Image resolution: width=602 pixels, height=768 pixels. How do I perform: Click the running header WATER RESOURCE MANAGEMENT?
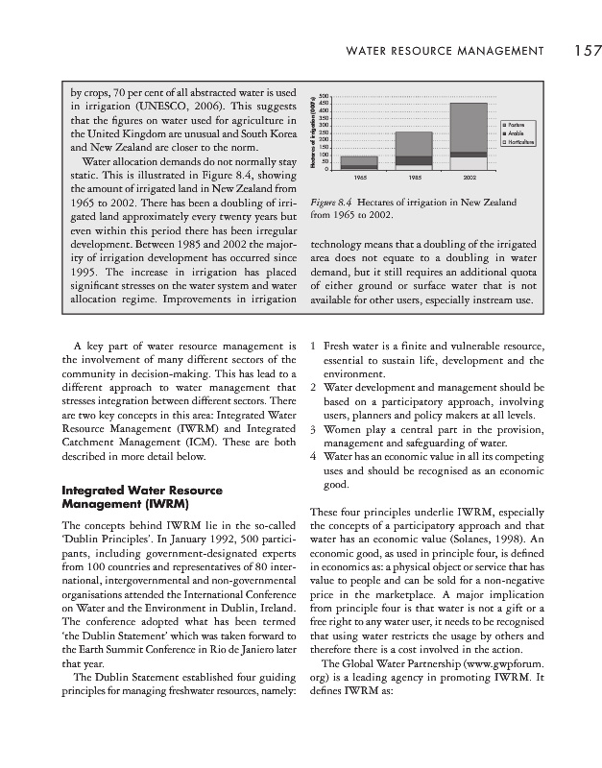445,51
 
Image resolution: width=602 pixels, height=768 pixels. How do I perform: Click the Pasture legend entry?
518,126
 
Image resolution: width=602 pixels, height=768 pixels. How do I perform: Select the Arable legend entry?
517,134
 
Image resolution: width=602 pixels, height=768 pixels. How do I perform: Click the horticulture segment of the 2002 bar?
468,163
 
